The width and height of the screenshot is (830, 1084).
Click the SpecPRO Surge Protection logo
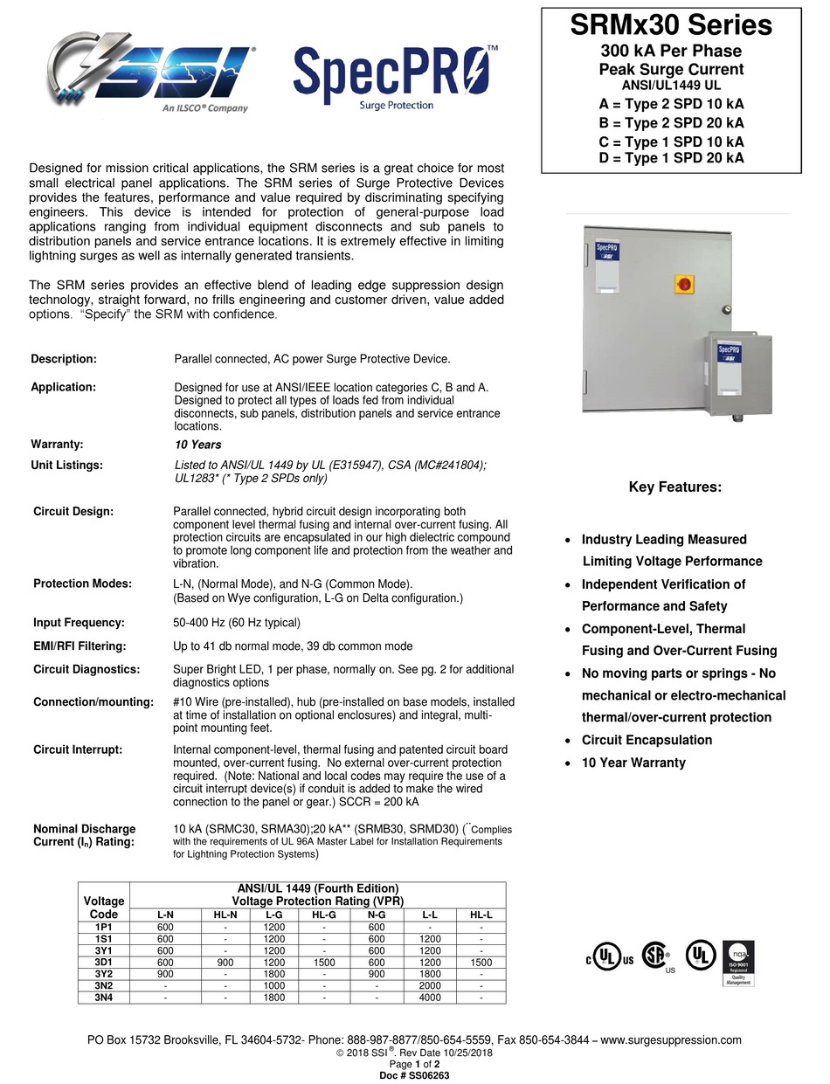coord(396,77)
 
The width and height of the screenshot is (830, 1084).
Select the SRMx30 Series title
coord(671,25)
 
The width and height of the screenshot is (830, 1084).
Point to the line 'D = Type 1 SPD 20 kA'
coord(671,158)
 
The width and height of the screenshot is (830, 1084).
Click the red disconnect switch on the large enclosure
coord(684,284)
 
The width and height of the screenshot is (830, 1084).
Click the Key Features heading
coord(675,487)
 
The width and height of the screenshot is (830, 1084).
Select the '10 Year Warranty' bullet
coord(633,763)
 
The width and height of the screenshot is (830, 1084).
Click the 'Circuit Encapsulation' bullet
coord(647,740)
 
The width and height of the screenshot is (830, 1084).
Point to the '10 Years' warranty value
coord(198,445)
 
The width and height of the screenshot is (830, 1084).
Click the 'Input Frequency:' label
coord(79,623)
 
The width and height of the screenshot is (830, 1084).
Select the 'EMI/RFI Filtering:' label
coord(80,646)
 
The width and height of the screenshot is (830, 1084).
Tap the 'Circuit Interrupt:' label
coord(78,749)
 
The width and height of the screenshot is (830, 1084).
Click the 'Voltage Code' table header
coord(104,907)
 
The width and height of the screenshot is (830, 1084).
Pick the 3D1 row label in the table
coord(104,962)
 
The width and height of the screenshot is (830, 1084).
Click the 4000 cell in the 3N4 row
coord(430,998)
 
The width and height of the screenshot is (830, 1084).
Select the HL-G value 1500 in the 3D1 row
coord(325,962)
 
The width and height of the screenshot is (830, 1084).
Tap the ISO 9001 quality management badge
coord(738,963)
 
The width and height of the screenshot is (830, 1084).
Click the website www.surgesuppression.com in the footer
coord(671,1039)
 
